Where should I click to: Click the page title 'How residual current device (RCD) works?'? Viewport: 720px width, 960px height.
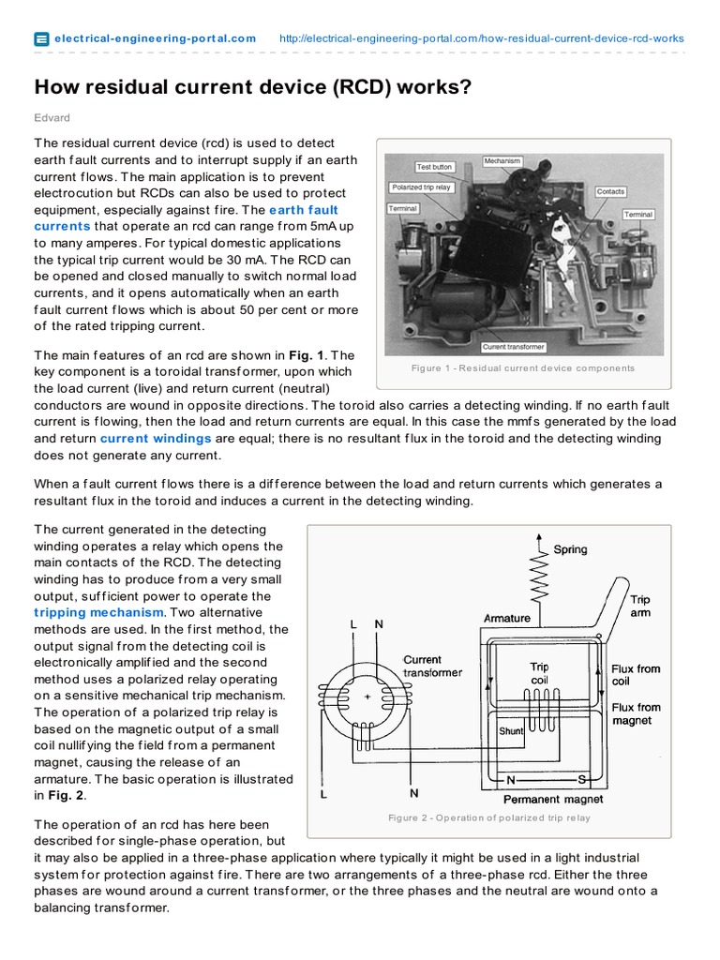coord(252,87)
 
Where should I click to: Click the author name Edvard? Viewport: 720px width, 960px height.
coord(52,117)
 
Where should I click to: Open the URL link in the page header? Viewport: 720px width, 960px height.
coord(482,38)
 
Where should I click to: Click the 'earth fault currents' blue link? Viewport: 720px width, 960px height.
coord(186,217)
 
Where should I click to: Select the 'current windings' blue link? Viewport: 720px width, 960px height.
coord(156,438)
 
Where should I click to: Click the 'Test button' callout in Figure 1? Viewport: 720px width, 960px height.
coord(434,167)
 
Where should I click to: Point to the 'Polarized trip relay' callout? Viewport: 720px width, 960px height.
coord(421,187)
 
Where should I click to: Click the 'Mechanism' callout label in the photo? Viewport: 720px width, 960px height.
coord(502,161)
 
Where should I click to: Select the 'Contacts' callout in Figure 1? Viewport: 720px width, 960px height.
coord(610,191)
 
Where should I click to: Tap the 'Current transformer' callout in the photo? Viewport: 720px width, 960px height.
coord(513,347)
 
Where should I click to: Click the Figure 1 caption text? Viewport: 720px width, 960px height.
coord(522,368)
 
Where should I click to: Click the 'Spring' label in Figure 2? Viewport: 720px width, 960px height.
coord(570,549)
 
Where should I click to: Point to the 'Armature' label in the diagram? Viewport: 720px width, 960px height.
coord(506,618)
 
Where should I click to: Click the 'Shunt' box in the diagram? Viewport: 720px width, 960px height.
coord(511,730)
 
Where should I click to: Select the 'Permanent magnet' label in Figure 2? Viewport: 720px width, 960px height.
coord(553,800)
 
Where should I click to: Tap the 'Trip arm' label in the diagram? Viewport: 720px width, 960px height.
coord(639,606)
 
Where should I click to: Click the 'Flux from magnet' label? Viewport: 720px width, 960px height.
coord(636,713)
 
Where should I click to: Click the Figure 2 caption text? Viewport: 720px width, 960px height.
coord(489,818)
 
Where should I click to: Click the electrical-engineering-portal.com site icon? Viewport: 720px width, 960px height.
coord(41,38)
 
